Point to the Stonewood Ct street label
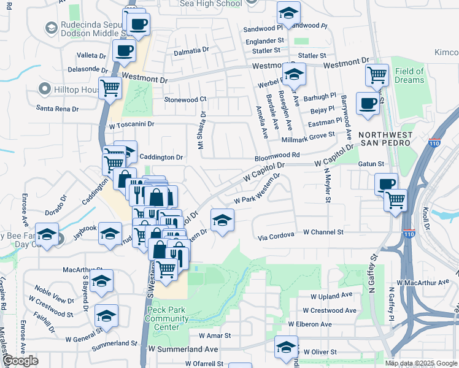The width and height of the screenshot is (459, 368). click(x=185, y=99)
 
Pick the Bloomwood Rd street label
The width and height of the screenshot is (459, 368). click(x=277, y=156)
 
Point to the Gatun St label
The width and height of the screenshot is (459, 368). click(x=371, y=164)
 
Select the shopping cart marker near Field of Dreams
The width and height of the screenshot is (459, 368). click(x=377, y=75)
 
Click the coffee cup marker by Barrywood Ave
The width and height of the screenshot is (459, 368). click(x=368, y=103)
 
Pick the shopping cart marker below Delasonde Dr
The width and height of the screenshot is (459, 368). click(x=110, y=88)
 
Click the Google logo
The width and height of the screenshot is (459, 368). click(x=20, y=361)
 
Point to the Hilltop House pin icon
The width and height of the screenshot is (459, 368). click(x=44, y=90)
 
